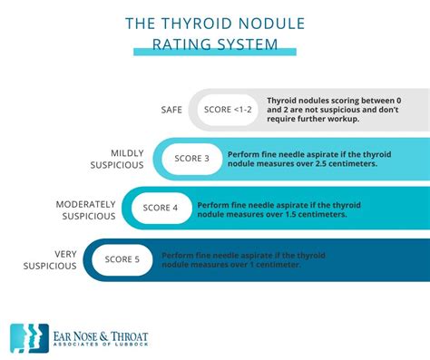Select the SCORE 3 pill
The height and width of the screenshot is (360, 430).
191,159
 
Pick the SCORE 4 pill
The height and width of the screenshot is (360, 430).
161,208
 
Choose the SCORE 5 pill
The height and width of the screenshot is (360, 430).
122,259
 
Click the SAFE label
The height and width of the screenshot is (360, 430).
171,110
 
